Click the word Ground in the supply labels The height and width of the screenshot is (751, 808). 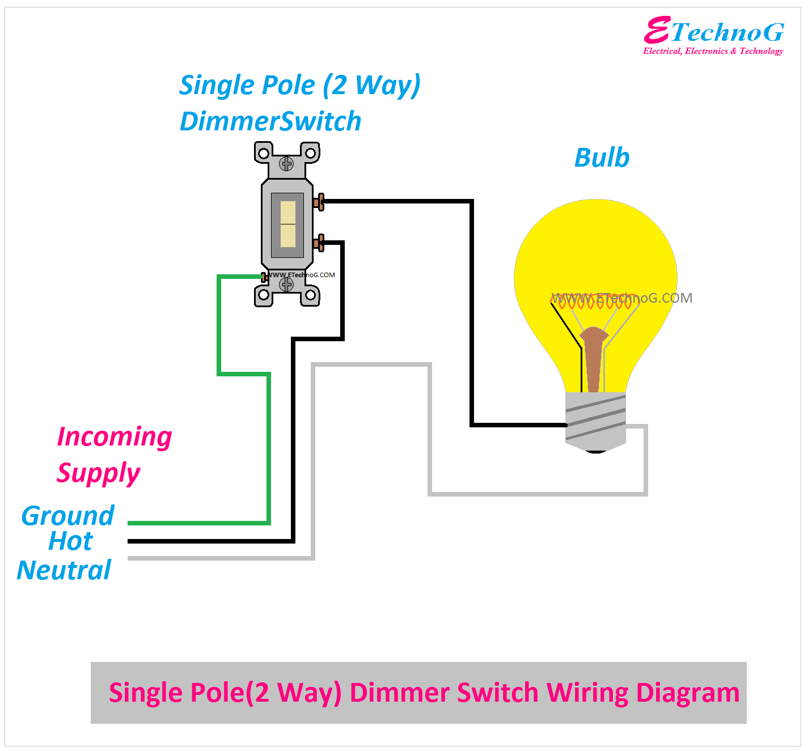67,516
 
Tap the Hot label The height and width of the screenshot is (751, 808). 70,541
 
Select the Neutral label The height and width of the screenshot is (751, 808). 64,570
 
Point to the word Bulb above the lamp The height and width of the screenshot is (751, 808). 602,158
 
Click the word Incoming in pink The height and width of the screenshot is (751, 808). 115,437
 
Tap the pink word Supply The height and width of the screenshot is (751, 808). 98,473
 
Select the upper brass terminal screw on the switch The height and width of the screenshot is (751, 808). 319,202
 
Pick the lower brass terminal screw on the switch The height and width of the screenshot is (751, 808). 319,243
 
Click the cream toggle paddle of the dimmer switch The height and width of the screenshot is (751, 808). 288,224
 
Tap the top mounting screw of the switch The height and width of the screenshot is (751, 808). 286,164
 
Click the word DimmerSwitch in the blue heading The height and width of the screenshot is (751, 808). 270,121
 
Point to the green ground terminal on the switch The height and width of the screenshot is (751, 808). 264,277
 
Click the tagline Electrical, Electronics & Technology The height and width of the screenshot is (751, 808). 713,51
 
